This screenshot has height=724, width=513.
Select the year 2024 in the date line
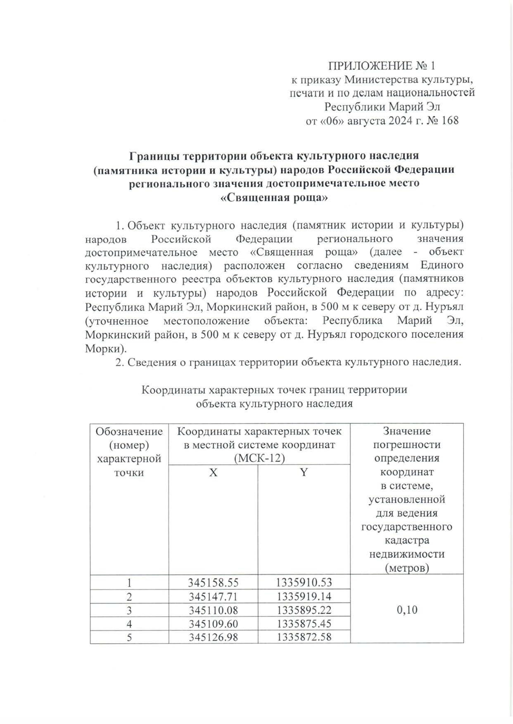pyautogui.click(x=401, y=120)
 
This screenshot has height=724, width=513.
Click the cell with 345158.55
pyautogui.click(x=213, y=582)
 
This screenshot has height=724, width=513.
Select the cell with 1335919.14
pyautogui.click(x=304, y=596)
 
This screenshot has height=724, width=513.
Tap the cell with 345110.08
pyautogui.click(x=213, y=610)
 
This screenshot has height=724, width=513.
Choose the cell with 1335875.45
pyautogui.click(x=304, y=623)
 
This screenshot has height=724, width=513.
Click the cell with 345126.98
pyautogui.click(x=213, y=637)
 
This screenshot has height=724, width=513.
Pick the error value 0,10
pyautogui.click(x=407, y=610)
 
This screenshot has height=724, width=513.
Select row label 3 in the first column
pyautogui.click(x=129, y=610)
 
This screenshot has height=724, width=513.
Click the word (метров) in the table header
pyautogui.click(x=407, y=568)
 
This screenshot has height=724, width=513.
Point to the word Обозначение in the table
pyautogui.click(x=129, y=431)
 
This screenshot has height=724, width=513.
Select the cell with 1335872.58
pyautogui.click(x=304, y=637)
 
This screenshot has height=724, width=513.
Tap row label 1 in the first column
pyautogui.click(x=129, y=582)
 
